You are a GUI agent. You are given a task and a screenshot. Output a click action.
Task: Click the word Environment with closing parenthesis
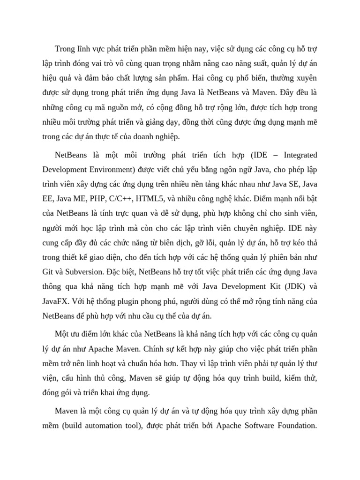106,169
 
